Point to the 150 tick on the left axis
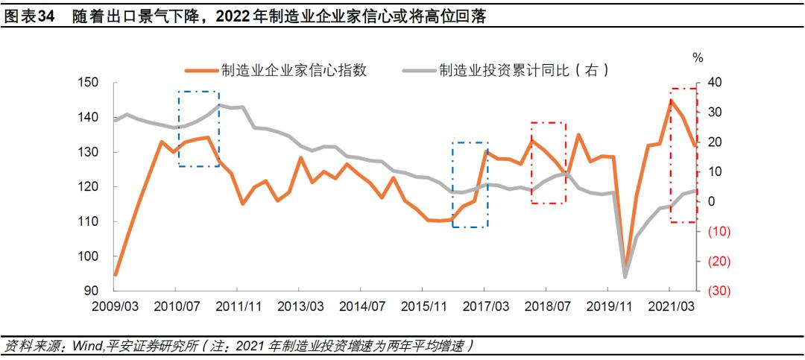pos(87,83)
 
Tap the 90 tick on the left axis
pos(91,291)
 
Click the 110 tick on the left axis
pos(87,222)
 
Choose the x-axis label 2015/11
pos(423,306)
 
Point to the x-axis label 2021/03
pos(669,306)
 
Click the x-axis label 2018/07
pos(546,306)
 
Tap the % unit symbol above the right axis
pos(698,57)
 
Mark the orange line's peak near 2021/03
pos(671,100)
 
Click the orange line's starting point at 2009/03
pos(115,275)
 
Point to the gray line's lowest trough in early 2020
pos(625,277)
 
